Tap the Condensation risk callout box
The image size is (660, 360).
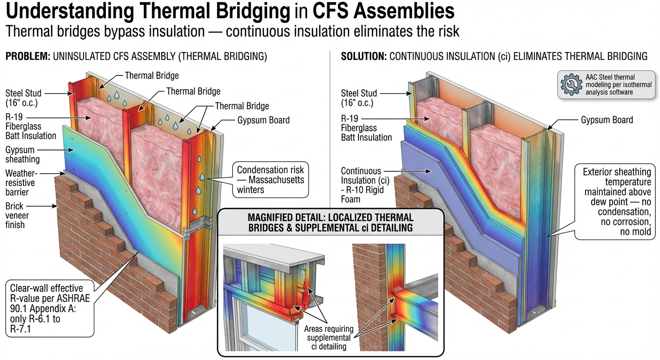tap(270, 180)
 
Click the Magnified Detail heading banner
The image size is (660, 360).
tap(330, 223)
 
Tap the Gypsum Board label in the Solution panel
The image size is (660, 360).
tap(607, 120)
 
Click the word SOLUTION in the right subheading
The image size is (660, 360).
tap(363, 57)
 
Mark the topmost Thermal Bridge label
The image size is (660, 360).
tap(151, 75)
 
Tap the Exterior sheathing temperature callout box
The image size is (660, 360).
tap(616, 202)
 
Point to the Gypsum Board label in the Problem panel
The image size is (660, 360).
tap(263, 120)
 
